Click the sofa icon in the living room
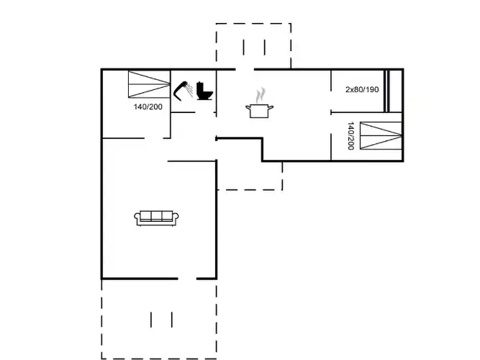coord(156,218)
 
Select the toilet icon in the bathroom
coord(204,91)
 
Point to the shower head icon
coord(183,91)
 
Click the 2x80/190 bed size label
coord(362,89)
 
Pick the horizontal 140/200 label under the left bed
coord(148,107)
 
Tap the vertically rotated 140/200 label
coord(350,136)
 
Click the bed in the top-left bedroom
coord(149,84)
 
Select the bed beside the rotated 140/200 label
coord(381,136)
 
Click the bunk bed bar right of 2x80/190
coord(386,91)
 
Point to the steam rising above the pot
coord(261,96)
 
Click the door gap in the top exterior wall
coord(245,70)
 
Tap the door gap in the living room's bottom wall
coord(187,279)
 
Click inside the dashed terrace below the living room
coord(159,319)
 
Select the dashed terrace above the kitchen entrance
coord(253,46)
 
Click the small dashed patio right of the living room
coord(250,176)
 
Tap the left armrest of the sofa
coord(137,217)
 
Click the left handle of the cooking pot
coord(248,107)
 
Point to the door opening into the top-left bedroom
coord(154,138)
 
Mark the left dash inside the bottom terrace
coord(151,320)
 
